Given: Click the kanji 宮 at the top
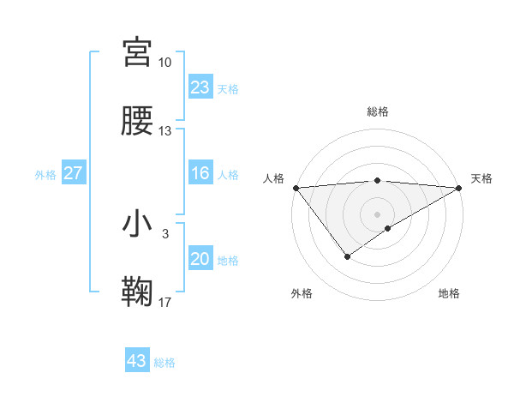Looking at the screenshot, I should click(137, 52).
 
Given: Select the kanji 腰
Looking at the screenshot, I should click(137, 121).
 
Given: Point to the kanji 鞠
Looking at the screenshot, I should click(137, 292).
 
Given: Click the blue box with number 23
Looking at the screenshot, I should click(200, 87).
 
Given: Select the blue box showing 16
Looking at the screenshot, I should click(200, 173).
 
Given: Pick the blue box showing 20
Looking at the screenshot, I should click(200, 259).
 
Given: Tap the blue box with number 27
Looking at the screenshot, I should click(74, 173).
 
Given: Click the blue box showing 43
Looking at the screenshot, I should click(137, 361).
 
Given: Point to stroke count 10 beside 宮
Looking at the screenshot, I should click(164, 63).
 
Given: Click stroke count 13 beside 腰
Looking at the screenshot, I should click(164, 131).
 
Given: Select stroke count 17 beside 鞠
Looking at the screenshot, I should click(164, 303).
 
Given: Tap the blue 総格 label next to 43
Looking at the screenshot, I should click(164, 363).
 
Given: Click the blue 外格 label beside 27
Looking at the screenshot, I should click(45, 175).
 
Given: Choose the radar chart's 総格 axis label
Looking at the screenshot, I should click(378, 111).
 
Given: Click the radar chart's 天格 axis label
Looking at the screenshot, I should click(481, 178).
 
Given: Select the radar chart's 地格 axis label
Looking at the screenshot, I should click(449, 293).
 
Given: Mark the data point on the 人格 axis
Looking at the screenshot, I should click(296, 187).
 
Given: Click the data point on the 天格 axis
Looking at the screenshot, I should click(459, 187).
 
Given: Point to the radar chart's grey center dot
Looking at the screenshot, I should click(378, 214).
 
